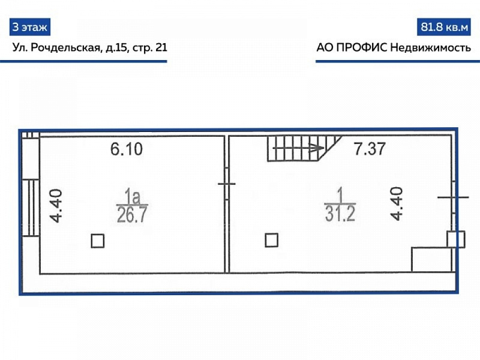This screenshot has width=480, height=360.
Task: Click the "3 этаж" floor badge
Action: click(x=29, y=27)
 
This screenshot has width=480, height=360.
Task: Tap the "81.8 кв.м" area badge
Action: click(x=444, y=27)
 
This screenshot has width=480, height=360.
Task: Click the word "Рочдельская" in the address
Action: click(x=66, y=47)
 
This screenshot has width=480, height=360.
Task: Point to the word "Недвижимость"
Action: click(x=431, y=48)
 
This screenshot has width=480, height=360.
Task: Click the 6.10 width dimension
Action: click(x=127, y=149)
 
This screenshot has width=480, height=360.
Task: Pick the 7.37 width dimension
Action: click(x=370, y=149)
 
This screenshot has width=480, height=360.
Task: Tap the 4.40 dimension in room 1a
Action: click(x=56, y=206)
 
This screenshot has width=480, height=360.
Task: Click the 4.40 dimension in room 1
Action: click(x=397, y=203)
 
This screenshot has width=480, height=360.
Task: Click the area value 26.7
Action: click(x=132, y=214)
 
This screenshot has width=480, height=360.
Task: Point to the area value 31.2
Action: click(x=340, y=214)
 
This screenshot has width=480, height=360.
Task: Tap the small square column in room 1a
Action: click(x=98, y=241)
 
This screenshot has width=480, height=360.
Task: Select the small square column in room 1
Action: click(x=272, y=240)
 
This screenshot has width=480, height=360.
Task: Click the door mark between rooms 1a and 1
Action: click(x=227, y=184)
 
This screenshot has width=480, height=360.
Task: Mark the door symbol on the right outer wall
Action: click(x=454, y=197)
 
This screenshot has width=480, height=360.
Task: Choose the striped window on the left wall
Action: click(x=31, y=208)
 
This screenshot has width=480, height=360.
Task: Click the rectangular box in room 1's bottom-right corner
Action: click(x=431, y=260)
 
